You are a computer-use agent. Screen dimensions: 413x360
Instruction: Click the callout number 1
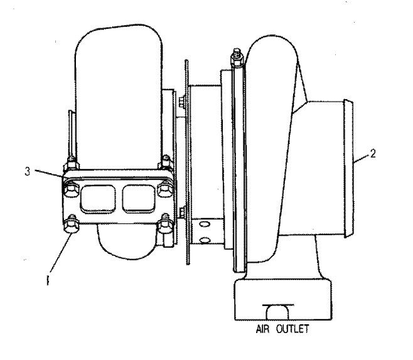click(x=48, y=280)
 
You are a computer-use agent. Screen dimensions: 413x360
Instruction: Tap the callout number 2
click(x=373, y=154)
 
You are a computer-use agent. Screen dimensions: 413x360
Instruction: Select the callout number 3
click(x=28, y=172)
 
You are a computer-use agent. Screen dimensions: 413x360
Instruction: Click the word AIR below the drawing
click(x=262, y=329)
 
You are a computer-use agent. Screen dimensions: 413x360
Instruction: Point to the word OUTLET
click(x=292, y=329)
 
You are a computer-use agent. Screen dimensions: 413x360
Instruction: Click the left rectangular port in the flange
click(x=98, y=199)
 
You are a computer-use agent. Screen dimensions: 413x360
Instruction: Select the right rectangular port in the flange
click(x=139, y=198)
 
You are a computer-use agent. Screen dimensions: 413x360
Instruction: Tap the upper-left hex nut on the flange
click(x=72, y=189)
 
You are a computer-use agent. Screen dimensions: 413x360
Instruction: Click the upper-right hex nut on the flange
click(x=165, y=189)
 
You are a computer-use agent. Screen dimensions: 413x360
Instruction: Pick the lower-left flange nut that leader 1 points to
click(x=72, y=225)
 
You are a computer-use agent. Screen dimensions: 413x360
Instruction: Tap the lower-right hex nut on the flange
click(x=165, y=225)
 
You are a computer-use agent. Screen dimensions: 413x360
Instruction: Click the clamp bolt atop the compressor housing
click(x=237, y=58)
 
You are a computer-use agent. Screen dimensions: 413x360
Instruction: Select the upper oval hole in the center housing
click(x=205, y=224)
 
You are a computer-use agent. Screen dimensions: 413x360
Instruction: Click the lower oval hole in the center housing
click(x=205, y=240)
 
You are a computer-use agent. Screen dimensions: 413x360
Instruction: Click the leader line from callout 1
click(x=60, y=253)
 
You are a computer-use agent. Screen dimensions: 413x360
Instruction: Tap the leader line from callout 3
click(x=49, y=174)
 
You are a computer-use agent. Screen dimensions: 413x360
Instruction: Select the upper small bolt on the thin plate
click(x=182, y=102)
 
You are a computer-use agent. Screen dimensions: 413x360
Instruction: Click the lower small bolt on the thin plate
click(x=182, y=213)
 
